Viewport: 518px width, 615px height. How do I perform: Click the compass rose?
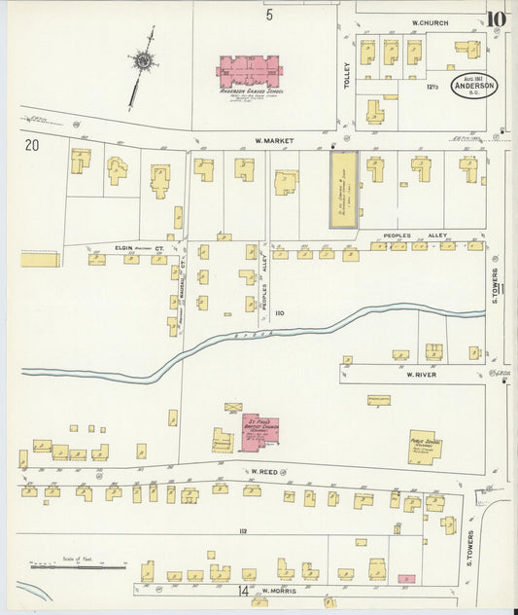[x=146, y=60]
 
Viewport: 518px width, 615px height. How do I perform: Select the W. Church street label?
[x=430, y=21]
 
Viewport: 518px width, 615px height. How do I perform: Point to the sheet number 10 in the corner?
[x=497, y=18]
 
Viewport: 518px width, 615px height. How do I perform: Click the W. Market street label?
[x=274, y=140]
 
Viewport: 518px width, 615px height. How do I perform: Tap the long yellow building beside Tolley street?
[x=344, y=189]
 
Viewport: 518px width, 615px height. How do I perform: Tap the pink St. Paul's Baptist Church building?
[x=259, y=434]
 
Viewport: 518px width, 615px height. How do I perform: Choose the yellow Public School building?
[x=424, y=447]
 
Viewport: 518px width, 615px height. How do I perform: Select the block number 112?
[x=243, y=530]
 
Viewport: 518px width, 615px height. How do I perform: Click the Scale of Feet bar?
[x=78, y=565]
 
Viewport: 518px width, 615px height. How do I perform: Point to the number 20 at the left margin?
[x=32, y=146]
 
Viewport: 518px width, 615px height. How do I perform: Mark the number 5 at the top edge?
[x=269, y=15]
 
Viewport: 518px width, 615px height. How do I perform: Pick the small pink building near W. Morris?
[x=406, y=578]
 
